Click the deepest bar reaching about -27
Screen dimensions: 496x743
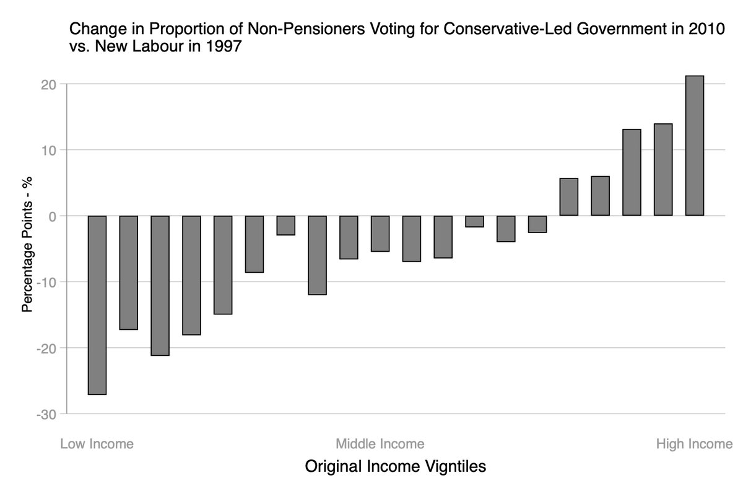pyautogui.click(x=97, y=304)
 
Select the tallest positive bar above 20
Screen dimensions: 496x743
pyautogui.click(x=694, y=146)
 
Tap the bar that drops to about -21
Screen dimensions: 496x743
pyautogui.click(x=160, y=285)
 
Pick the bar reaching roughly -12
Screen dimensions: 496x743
pyautogui.click(x=317, y=255)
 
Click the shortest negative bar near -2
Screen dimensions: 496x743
pyautogui.click(x=474, y=221)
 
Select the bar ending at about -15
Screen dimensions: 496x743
pyautogui.click(x=223, y=265)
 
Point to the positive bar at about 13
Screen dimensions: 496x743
pyautogui.click(x=632, y=172)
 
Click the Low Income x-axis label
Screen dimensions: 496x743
pyautogui.click(x=97, y=444)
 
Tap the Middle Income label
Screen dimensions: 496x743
pyautogui.click(x=380, y=444)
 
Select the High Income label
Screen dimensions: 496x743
pyautogui.click(x=694, y=444)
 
